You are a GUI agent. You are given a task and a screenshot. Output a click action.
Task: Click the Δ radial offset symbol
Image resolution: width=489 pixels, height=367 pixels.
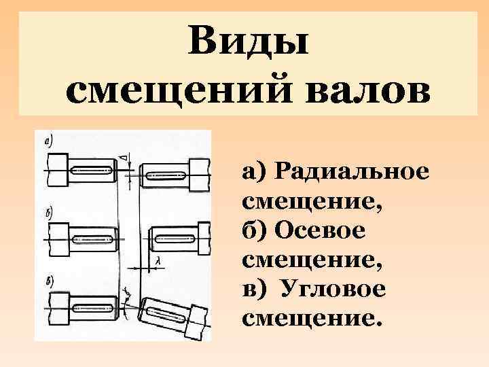click(x=123, y=158)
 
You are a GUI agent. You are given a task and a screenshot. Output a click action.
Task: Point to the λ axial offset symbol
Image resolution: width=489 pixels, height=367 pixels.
click(x=157, y=260)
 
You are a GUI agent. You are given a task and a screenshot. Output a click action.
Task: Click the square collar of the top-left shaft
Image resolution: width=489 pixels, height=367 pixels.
click(x=57, y=166)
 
